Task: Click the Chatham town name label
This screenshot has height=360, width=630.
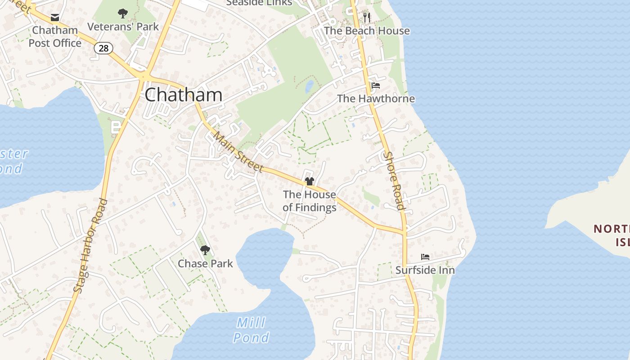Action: tap(184, 95)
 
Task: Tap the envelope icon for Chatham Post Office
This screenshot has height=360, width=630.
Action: tap(55, 18)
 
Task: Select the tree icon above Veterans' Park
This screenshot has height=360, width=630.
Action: tap(122, 13)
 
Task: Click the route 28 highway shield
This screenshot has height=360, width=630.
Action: tap(103, 48)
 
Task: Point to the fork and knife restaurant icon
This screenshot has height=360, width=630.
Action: tap(367, 18)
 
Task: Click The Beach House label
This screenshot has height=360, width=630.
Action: tap(367, 31)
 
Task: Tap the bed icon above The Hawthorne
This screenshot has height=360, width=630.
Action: tap(376, 85)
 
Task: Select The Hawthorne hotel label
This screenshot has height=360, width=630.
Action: tap(376, 99)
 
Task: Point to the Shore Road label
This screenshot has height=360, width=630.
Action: tap(393, 180)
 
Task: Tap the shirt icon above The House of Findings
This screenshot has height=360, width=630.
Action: tap(310, 181)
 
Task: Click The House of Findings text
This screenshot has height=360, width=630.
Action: tap(310, 201)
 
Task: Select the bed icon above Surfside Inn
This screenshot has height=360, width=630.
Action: tap(425, 257)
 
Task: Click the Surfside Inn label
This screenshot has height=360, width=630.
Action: tap(425, 270)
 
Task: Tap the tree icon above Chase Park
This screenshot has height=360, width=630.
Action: tap(205, 250)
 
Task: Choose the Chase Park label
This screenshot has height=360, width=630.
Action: tap(205, 263)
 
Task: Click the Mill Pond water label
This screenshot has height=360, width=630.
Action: tap(251, 330)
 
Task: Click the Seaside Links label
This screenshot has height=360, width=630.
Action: tap(259, 3)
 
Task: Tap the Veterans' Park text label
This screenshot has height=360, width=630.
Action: tap(123, 27)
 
